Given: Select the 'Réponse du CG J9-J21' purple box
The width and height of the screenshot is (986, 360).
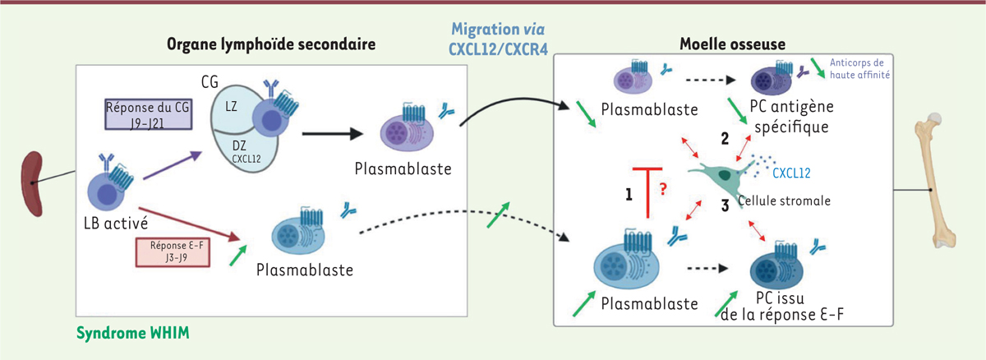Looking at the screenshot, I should pyautogui.click(x=149, y=114).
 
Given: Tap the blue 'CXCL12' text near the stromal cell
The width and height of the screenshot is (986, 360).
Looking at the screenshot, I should pyautogui.click(x=793, y=173).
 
